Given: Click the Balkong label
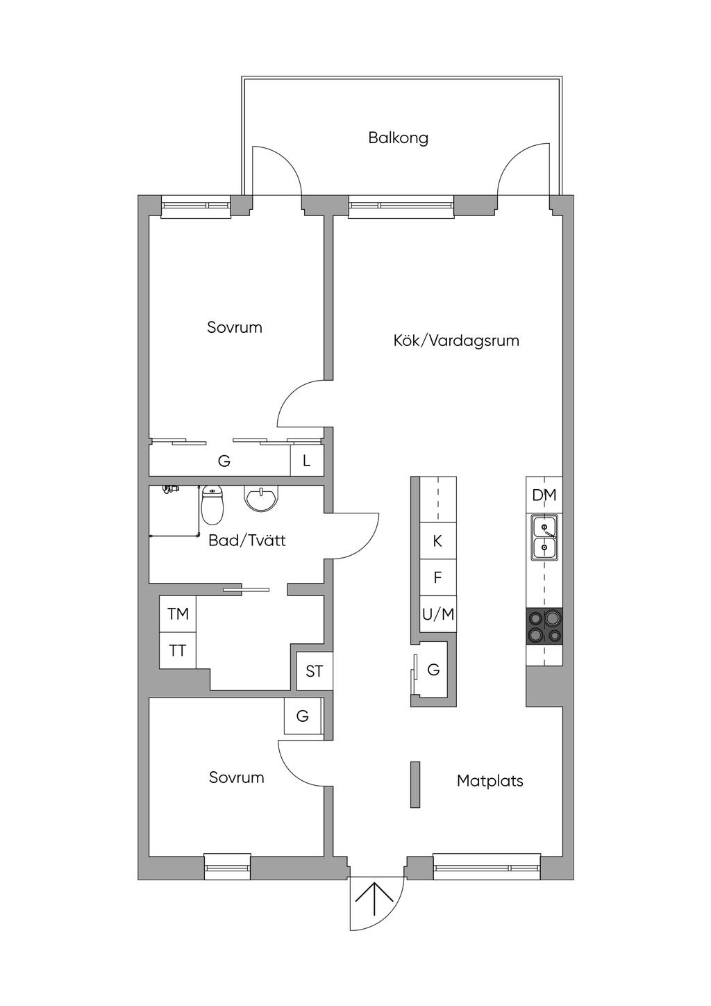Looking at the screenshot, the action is (398, 138).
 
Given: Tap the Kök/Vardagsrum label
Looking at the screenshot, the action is (456, 341).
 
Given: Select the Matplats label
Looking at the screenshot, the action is (490, 781).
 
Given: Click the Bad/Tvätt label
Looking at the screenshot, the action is (247, 541).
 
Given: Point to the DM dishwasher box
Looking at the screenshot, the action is (544, 495).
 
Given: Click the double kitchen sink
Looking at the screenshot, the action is (544, 538).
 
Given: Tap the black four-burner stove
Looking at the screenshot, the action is (544, 627).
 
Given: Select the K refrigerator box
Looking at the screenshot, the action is (438, 541).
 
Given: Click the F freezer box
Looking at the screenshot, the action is (438, 577).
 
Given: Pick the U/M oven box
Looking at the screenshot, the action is (438, 614).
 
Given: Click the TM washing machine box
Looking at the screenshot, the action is (178, 614).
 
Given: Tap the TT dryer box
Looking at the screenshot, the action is (178, 651).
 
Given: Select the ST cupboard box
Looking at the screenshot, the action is (315, 671).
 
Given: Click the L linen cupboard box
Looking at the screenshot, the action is (307, 461).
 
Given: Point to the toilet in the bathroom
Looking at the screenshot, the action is (211, 505).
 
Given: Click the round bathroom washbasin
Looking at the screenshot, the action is (261, 500).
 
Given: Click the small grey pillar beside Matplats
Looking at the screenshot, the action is (415, 784).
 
